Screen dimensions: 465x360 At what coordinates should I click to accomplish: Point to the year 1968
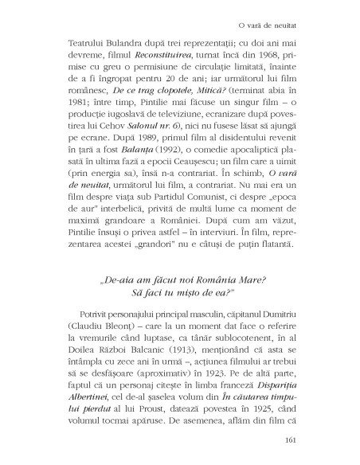tap(277, 56)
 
